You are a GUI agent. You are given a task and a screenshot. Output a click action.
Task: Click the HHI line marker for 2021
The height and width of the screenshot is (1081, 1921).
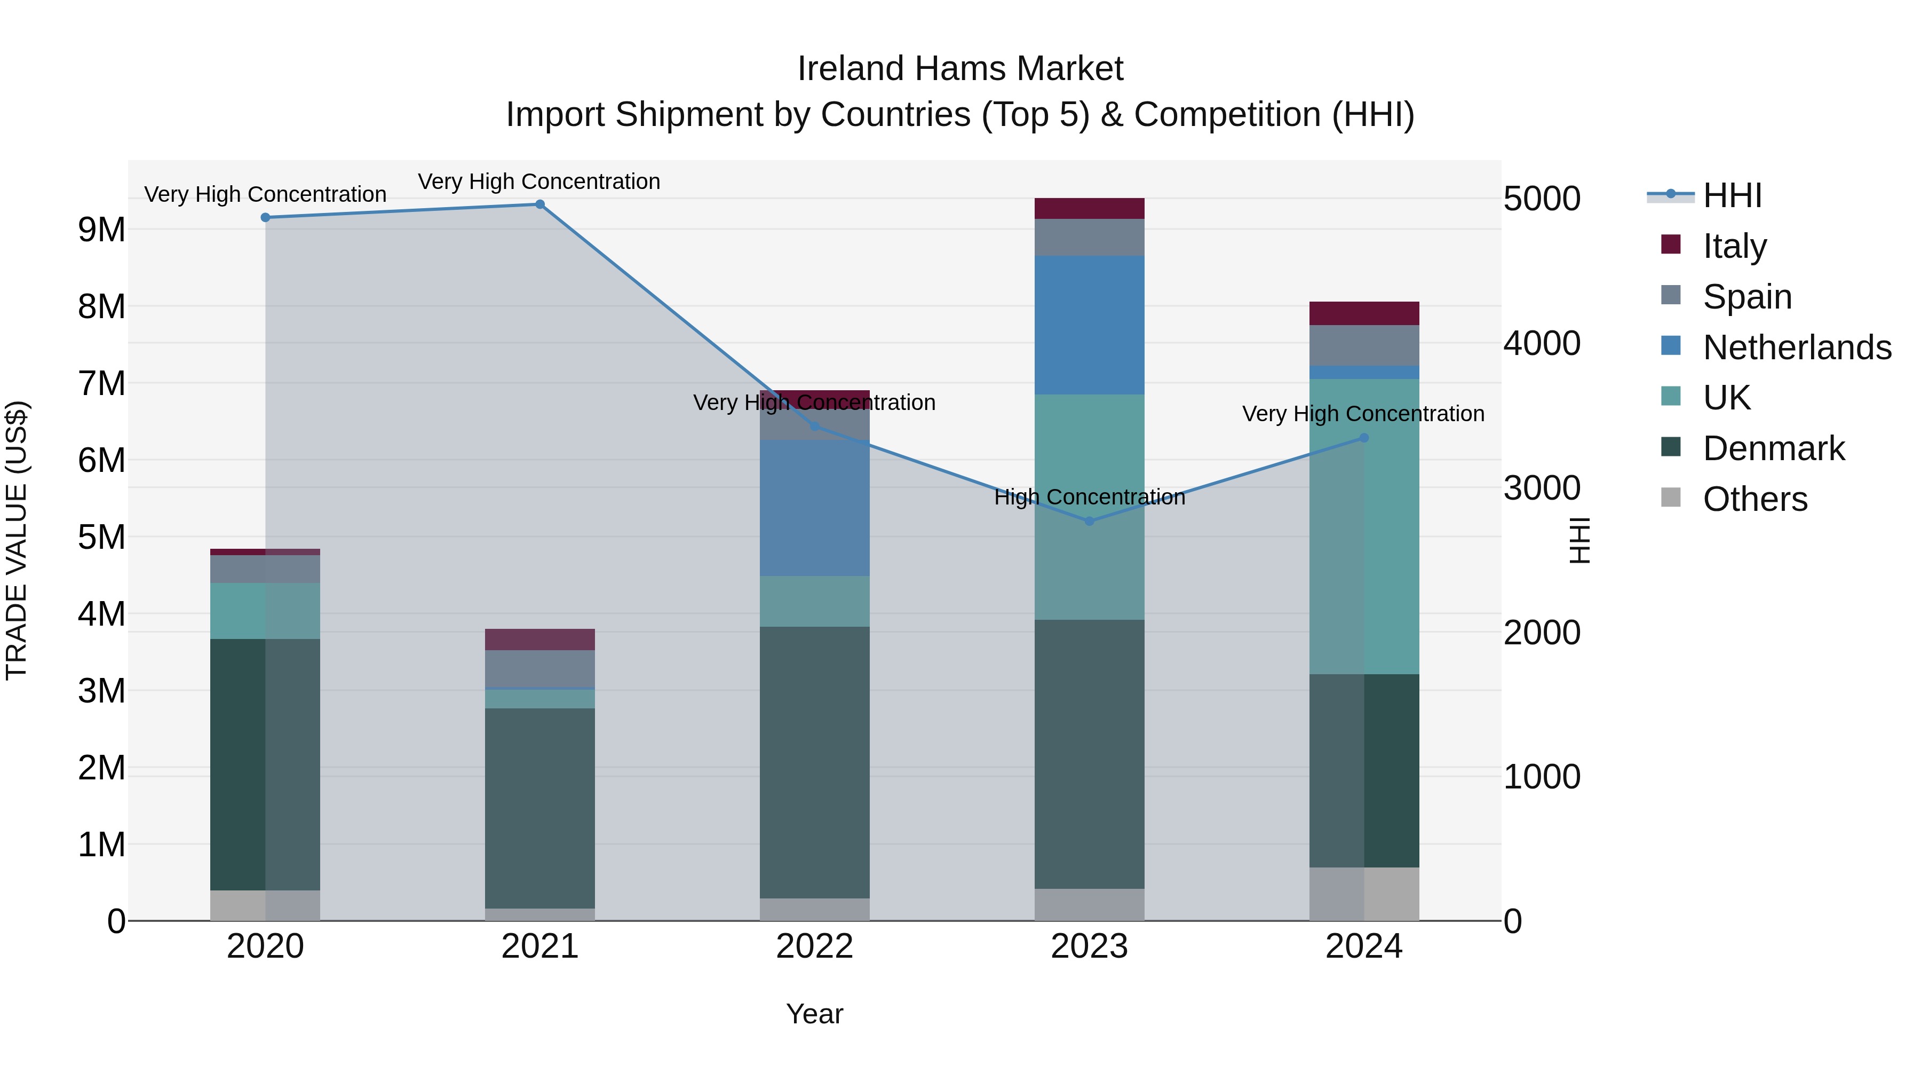coord(540,204)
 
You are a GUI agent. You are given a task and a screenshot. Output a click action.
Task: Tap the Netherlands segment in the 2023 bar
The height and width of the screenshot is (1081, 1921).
coord(1090,325)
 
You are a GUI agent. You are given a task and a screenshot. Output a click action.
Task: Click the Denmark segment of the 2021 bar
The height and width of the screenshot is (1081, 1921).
coord(540,808)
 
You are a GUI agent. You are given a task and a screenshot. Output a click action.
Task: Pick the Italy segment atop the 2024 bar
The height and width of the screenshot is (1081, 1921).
coord(1364,313)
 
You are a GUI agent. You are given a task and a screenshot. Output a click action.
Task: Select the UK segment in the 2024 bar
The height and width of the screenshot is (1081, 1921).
coord(1364,526)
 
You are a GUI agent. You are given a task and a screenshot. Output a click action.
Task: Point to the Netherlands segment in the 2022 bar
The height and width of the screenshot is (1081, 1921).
coord(814,507)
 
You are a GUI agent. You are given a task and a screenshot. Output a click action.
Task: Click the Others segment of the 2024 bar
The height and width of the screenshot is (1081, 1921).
coord(1364,894)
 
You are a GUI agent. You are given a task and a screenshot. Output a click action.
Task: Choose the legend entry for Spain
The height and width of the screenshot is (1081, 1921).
coord(1747,297)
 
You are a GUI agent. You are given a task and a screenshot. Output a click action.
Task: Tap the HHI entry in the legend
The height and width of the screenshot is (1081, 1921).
coord(1732,195)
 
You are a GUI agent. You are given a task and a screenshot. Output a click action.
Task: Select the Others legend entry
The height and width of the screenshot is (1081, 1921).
coord(1754,499)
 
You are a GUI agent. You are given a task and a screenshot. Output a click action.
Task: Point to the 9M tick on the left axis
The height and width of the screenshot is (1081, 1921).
coord(101,230)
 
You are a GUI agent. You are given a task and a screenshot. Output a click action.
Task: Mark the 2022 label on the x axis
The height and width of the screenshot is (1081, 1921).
coord(814,946)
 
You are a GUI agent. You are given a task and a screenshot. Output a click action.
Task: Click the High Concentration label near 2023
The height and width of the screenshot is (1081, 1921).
coord(1090,497)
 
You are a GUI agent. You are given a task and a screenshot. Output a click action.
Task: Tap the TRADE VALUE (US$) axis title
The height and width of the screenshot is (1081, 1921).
coord(17,540)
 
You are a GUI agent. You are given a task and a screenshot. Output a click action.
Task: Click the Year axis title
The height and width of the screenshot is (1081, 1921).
coord(814,1014)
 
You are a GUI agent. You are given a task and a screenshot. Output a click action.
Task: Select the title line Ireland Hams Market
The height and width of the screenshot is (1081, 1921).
coord(960,69)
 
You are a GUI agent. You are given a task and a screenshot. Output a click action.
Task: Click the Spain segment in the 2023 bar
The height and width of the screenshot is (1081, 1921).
coord(1090,237)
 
